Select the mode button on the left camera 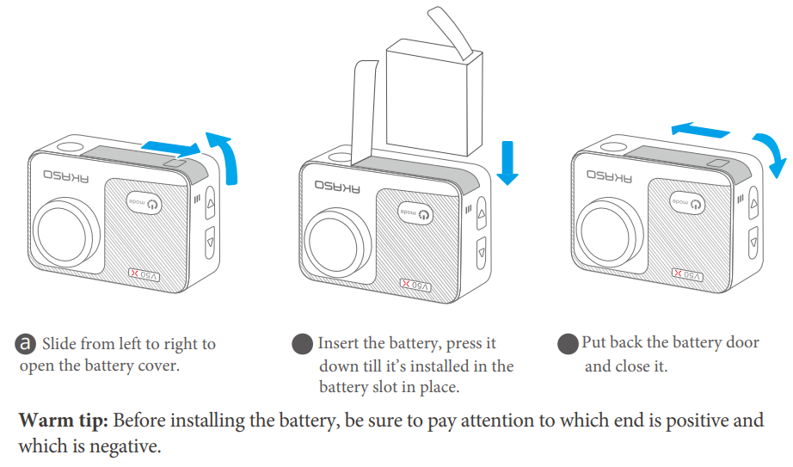click(x=146, y=203)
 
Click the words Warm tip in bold click(x=62, y=421)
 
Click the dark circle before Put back click(x=567, y=344)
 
